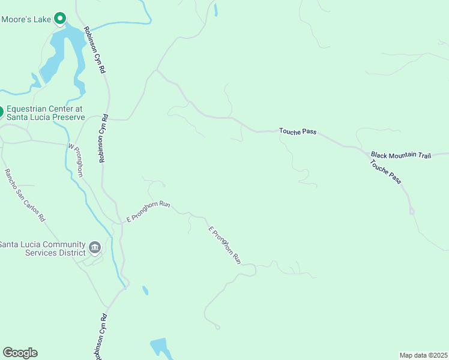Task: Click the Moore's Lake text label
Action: pos(26,19)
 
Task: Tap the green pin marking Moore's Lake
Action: pos(60,19)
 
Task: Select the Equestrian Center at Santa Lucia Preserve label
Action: pos(44,113)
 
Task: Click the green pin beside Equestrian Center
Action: pos(1,112)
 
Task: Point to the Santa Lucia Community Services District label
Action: pos(42,248)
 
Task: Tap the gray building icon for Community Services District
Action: pos(94,247)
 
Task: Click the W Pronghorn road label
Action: pos(75,160)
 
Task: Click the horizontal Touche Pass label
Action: pos(297,131)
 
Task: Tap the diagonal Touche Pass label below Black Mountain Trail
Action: pos(385,171)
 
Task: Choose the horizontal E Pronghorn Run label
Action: pos(147,212)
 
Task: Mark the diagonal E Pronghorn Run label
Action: pos(224,245)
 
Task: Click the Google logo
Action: pos(20,353)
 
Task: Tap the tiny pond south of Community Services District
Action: pos(145,290)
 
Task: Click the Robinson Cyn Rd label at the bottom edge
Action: pos(100,336)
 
